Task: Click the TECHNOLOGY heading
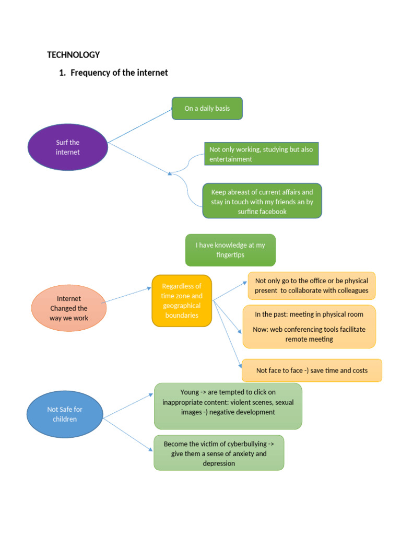(x=73, y=55)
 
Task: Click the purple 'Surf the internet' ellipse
(x=67, y=147)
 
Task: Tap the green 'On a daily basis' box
(x=207, y=109)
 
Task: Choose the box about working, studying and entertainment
(x=261, y=154)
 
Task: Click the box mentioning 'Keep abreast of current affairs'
(x=262, y=201)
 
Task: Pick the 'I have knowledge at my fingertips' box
(x=230, y=250)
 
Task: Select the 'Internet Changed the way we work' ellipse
(x=69, y=308)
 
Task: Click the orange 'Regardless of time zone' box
(x=182, y=301)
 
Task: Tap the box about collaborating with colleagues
(x=311, y=286)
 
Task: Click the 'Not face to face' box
(x=312, y=370)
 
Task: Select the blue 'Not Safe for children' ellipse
(x=65, y=414)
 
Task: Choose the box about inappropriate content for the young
(x=228, y=406)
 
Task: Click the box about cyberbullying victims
(x=219, y=453)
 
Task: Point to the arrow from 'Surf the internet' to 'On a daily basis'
(x=140, y=125)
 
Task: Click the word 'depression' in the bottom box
(x=219, y=463)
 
